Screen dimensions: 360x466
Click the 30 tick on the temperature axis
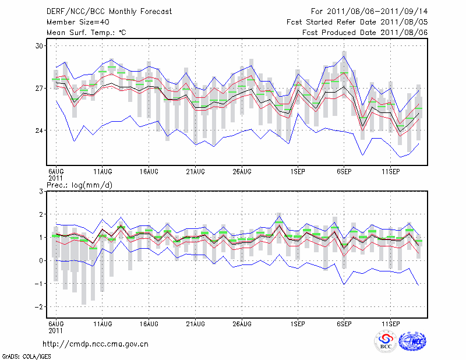point(40,45)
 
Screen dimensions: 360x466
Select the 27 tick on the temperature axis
point(40,88)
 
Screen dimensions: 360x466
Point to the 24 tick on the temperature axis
point(40,130)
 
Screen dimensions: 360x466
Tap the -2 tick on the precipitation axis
point(40,306)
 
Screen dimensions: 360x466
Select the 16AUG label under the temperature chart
point(149,171)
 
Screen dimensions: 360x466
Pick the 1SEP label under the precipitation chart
point(298,323)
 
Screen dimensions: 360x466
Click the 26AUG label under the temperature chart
point(242,171)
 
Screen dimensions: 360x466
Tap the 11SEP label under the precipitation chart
point(391,323)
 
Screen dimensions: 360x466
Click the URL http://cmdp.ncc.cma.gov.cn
point(96,344)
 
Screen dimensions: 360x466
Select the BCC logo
point(386,342)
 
